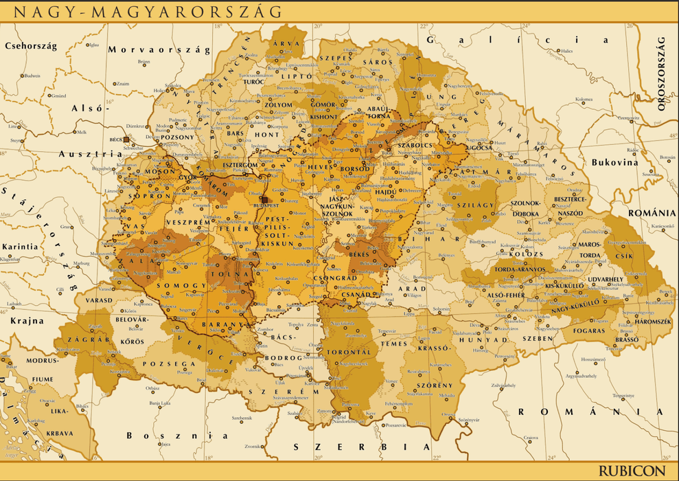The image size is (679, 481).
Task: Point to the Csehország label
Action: click(30, 46)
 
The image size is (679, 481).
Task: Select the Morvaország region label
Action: click(159, 49)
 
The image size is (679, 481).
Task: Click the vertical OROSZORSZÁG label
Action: click(662, 75)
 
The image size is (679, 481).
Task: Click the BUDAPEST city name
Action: click(267, 205)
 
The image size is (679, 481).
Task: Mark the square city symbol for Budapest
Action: click(264, 199)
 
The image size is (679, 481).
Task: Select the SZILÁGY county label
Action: click(477, 205)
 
